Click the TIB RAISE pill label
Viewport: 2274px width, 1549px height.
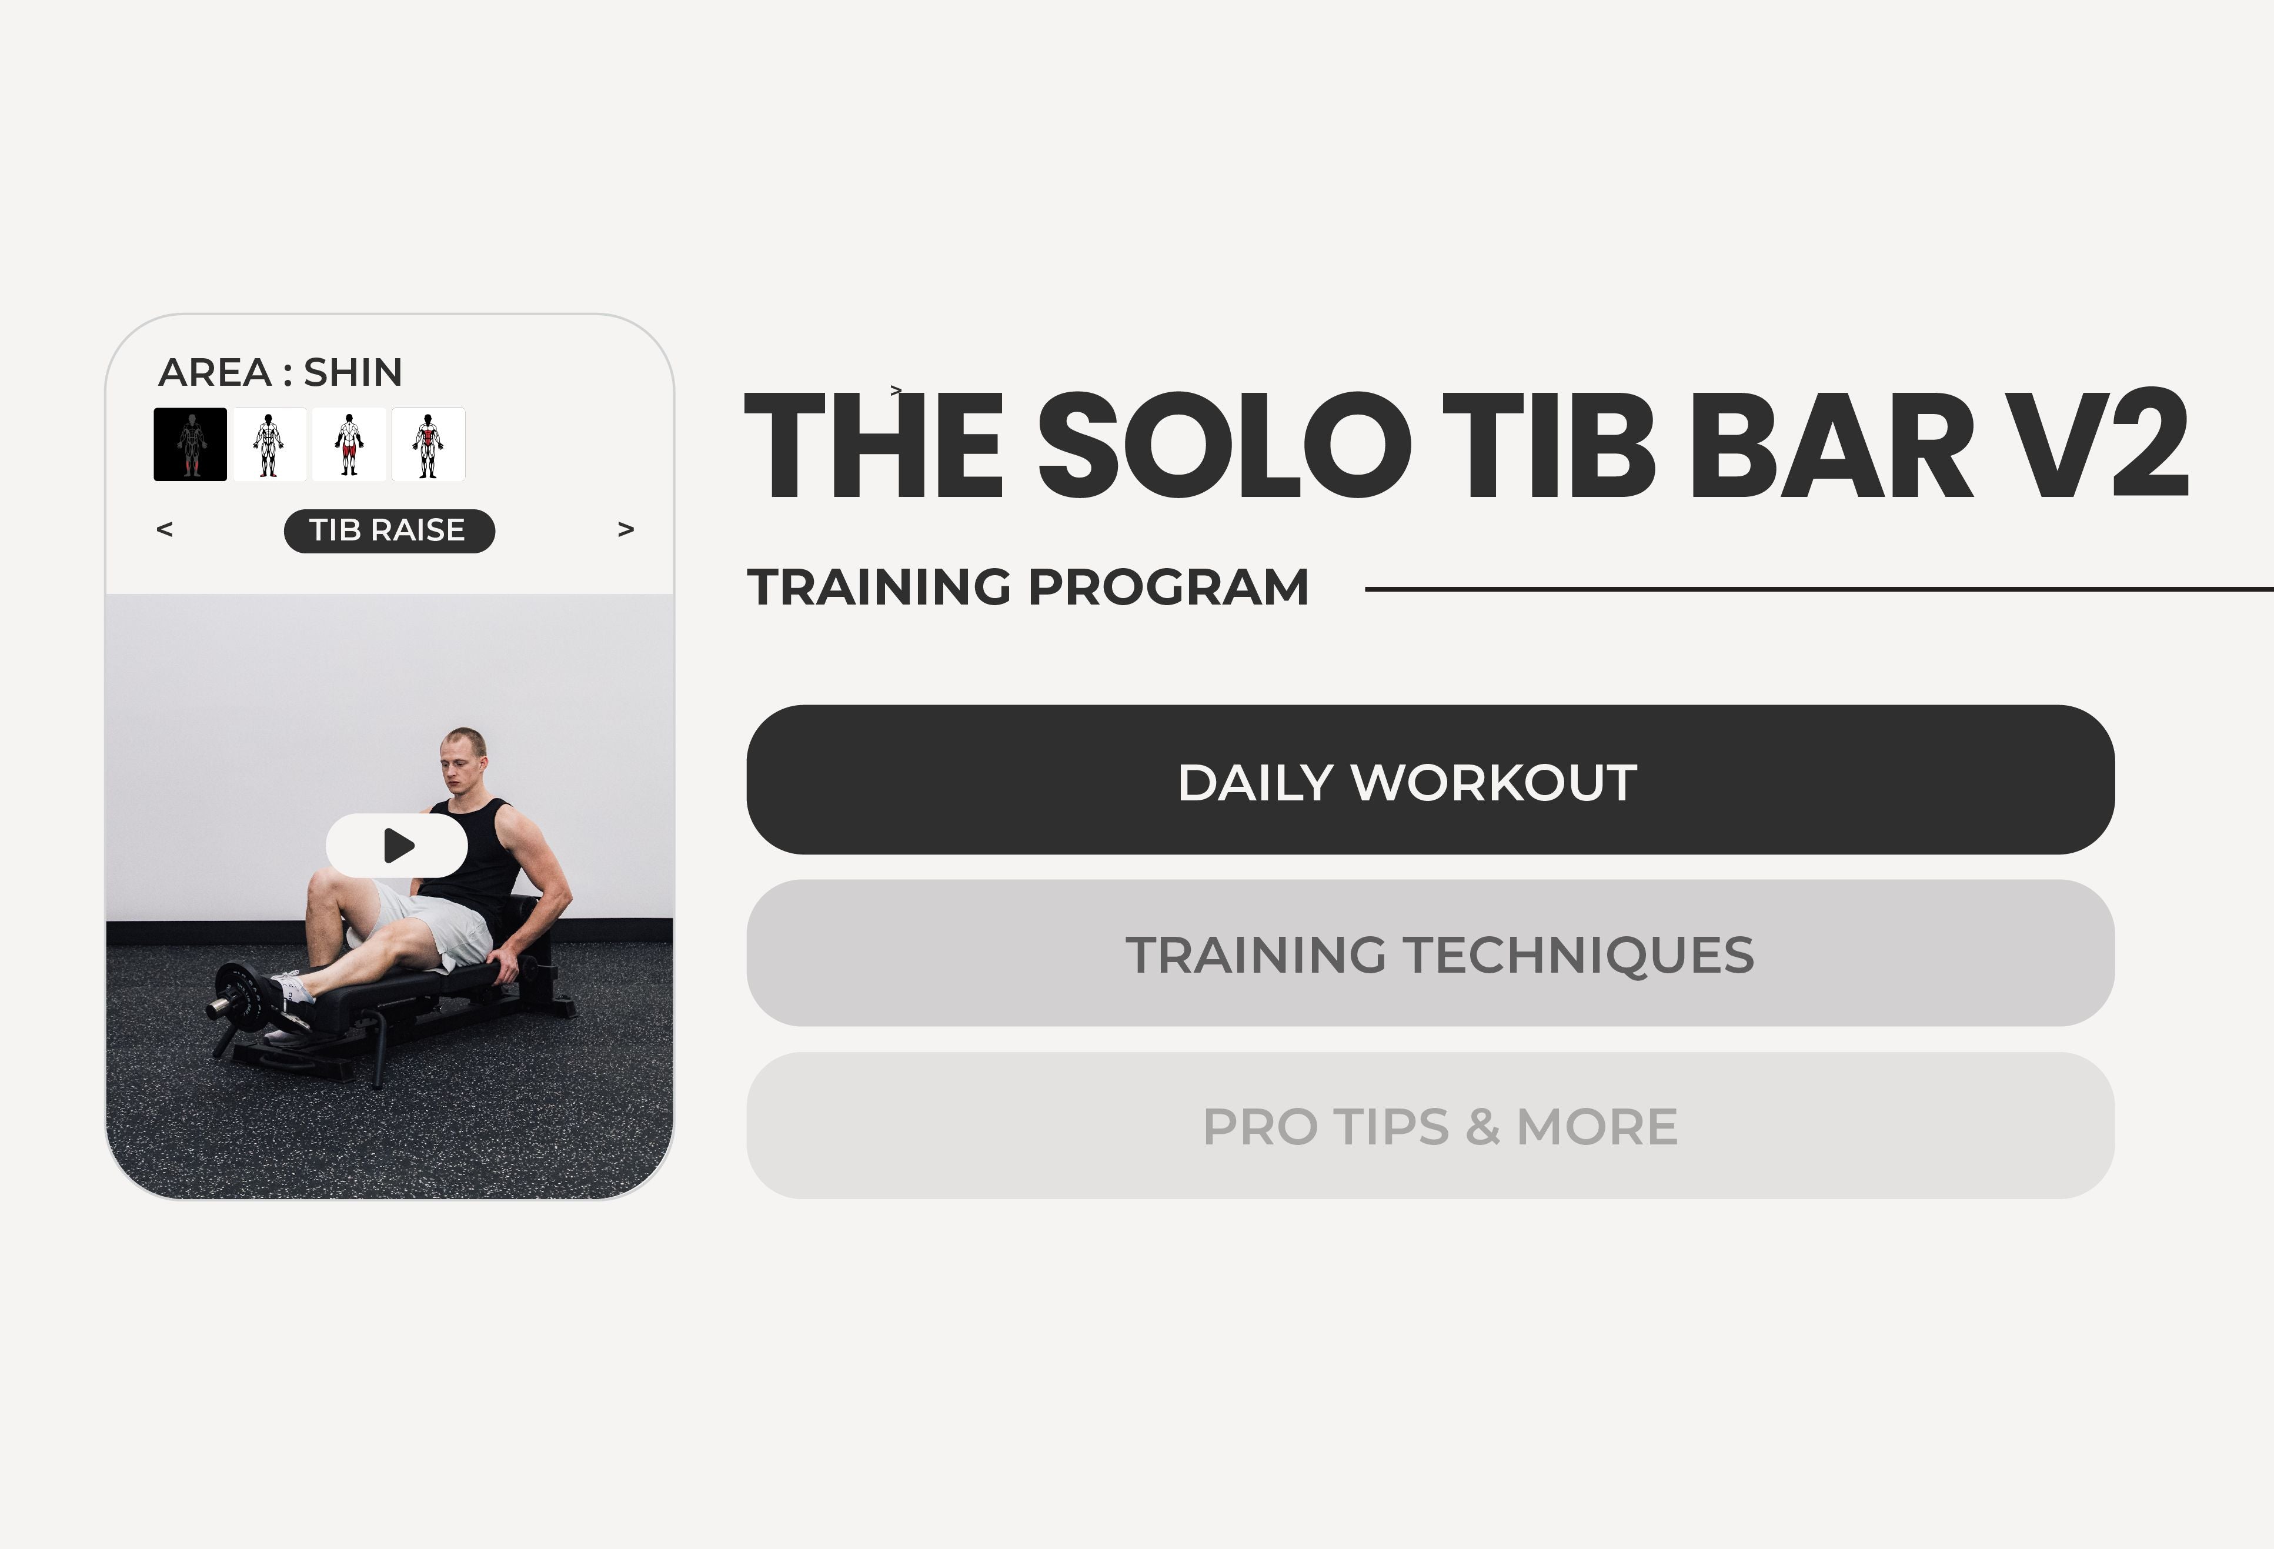(x=389, y=530)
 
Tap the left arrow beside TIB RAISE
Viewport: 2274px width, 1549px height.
(x=165, y=529)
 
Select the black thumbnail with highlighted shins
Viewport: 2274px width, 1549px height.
(x=191, y=444)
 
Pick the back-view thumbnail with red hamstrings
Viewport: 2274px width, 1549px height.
(x=349, y=444)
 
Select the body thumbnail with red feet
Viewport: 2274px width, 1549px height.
(x=270, y=444)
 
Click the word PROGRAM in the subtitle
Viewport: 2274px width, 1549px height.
(x=1168, y=587)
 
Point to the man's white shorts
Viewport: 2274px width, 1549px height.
(x=440, y=920)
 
